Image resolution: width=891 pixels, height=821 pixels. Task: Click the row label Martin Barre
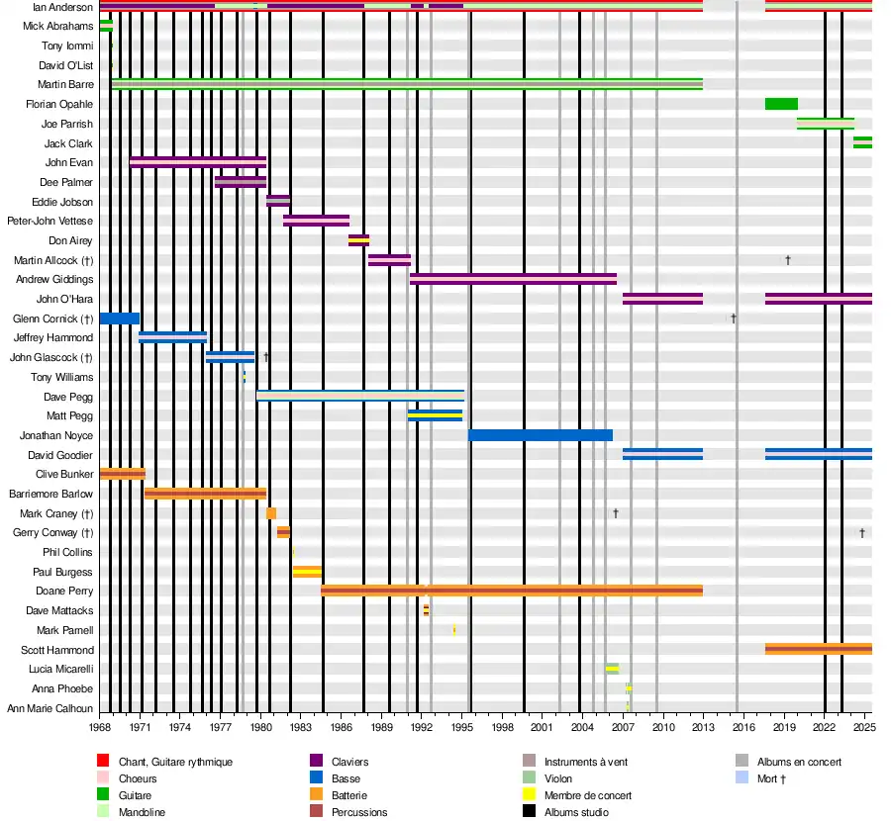pyautogui.click(x=65, y=85)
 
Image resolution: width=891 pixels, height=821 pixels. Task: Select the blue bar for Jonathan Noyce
pyautogui.click(x=540, y=435)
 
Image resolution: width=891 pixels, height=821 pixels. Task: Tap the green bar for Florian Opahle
pyautogui.click(x=781, y=104)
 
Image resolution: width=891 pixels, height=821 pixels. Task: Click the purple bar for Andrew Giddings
pyautogui.click(x=513, y=279)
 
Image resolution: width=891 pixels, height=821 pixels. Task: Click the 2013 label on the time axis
pyautogui.click(x=703, y=728)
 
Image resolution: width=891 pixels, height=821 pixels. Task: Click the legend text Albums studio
pyautogui.click(x=576, y=812)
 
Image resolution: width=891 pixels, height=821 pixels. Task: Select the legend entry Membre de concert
pyautogui.click(x=587, y=795)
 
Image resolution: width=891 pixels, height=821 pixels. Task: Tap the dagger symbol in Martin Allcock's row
pyautogui.click(x=788, y=260)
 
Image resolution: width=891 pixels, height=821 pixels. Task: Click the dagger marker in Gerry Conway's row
pyautogui.click(x=862, y=533)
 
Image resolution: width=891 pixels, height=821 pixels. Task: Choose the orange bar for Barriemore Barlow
pyautogui.click(x=205, y=494)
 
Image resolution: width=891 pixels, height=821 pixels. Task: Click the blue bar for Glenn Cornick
pyautogui.click(x=119, y=319)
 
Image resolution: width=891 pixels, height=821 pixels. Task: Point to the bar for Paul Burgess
pyautogui.click(x=307, y=572)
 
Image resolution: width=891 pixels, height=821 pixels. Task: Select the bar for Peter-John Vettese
pyautogui.click(x=316, y=221)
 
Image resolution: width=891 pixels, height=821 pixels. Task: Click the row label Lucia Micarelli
pyautogui.click(x=61, y=670)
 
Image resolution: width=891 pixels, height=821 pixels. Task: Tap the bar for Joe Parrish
pyautogui.click(x=825, y=124)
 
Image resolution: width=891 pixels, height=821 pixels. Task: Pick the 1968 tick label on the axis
pyautogui.click(x=99, y=728)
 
